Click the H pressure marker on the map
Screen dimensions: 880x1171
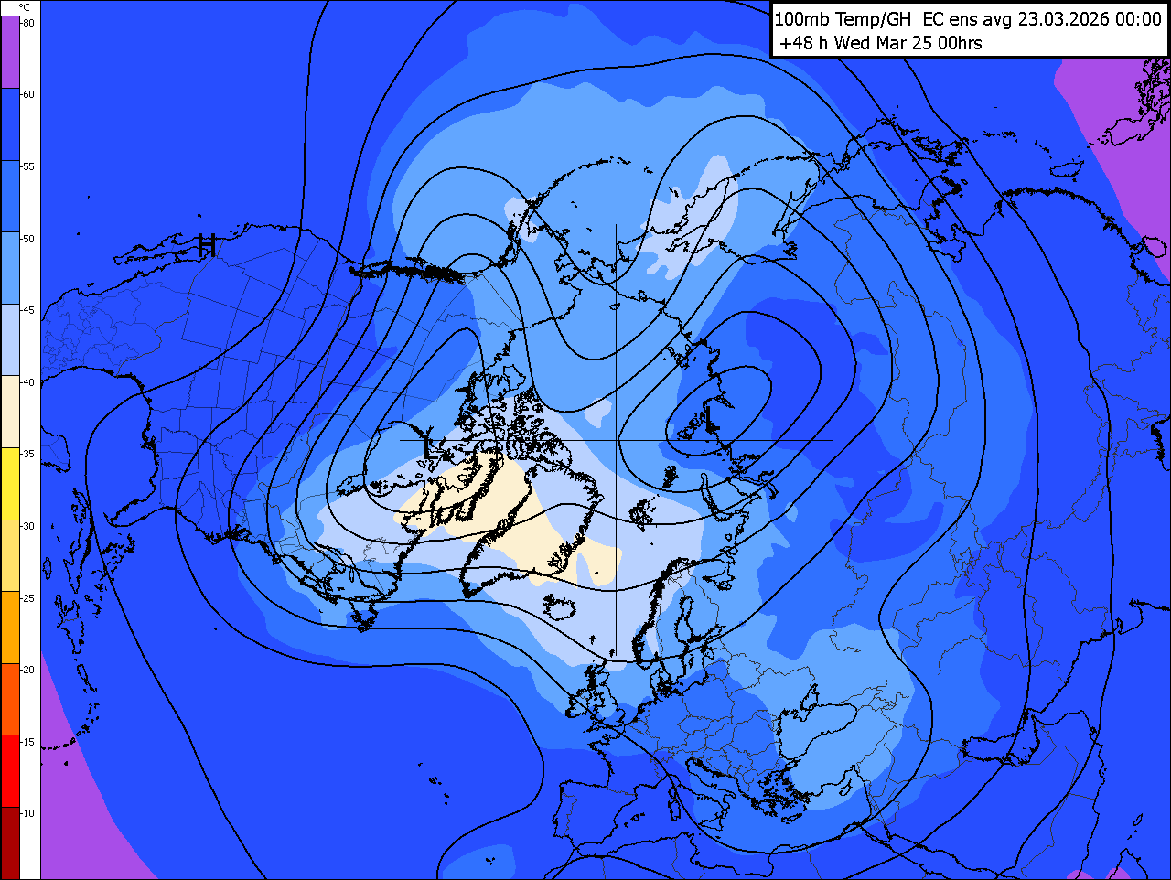[x=208, y=245]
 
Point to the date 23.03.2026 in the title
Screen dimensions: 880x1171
[x=1066, y=19]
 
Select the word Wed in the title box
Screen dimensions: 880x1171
[x=852, y=43]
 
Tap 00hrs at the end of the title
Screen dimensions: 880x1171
[x=960, y=43]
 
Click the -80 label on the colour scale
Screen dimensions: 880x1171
[x=28, y=23]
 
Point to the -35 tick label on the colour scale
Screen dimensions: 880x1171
[x=28, y=454]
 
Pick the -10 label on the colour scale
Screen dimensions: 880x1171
[x=28, y=813]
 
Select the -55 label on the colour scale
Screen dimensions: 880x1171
[x=28, y=166]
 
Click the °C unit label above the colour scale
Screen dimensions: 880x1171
[x=24, y=7]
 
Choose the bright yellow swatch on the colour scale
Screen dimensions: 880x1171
[x=10, y=484]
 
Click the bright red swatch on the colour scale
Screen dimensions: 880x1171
[x=10, y=771]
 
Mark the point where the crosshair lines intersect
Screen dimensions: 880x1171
[x=616, y=440]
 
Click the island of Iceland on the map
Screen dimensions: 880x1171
[x=561, y=607]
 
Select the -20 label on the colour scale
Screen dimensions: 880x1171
[x=28, y=670]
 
